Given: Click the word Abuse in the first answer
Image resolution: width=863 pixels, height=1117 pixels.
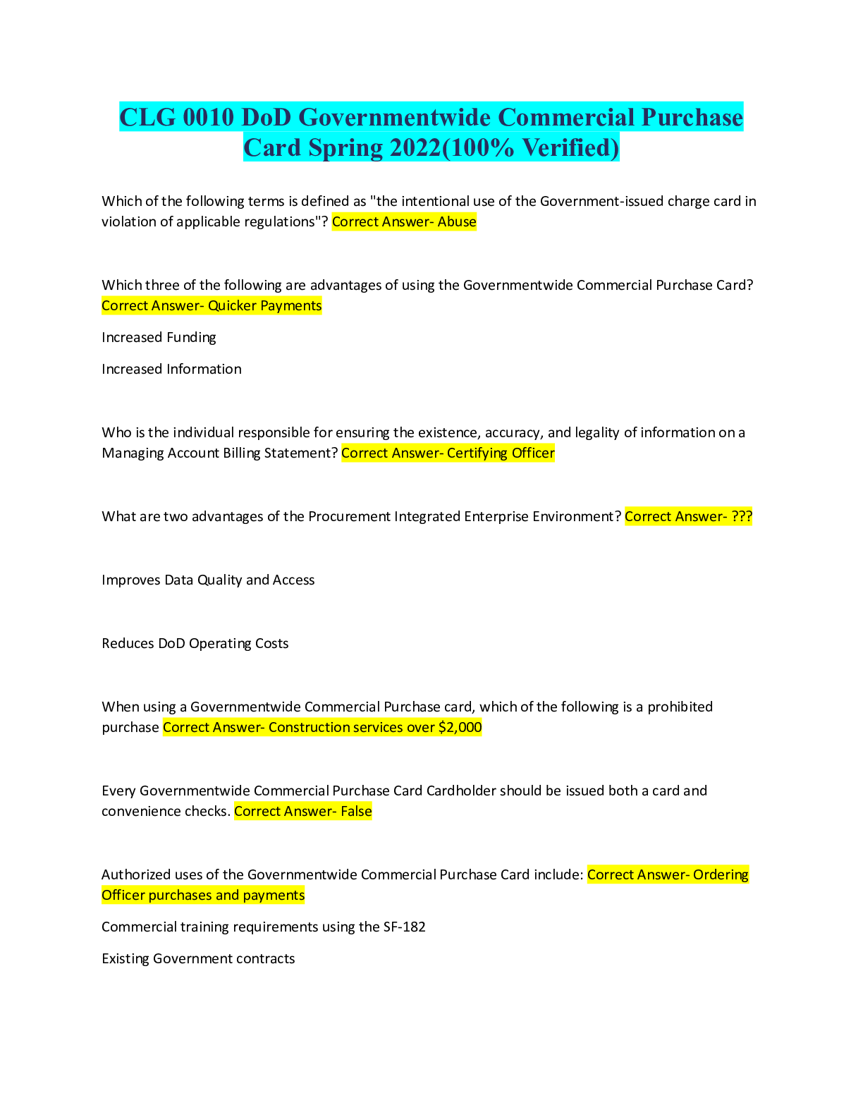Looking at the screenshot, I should coord(457,222).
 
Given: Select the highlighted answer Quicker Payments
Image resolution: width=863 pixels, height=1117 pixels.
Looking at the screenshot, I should coord(264,306).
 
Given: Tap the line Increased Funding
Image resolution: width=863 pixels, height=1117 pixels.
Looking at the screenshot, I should coord(159,338).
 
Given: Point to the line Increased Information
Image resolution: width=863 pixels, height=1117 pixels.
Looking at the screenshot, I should coord(171,370).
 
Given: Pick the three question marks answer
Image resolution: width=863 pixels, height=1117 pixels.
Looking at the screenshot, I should coord(742,517).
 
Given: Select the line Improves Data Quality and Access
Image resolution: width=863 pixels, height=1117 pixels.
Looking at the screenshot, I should coord(208,580).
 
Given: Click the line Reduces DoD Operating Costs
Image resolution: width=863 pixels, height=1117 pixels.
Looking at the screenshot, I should coord(195,644).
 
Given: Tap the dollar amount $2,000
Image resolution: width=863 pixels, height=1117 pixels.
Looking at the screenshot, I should coord(460,728).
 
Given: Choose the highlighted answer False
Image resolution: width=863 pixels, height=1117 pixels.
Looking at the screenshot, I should coord(356,812).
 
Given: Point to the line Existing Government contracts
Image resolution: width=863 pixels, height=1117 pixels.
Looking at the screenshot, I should coord(198,959).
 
